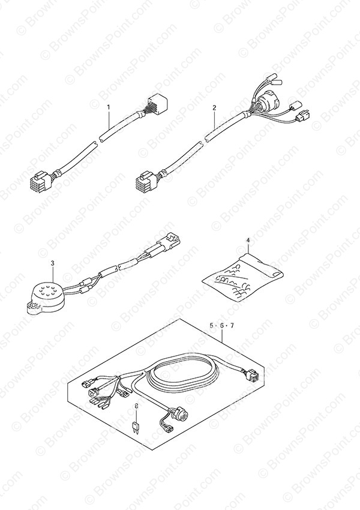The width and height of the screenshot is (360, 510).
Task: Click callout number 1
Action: pos(109,107)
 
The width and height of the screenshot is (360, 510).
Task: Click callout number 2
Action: pos(214,107)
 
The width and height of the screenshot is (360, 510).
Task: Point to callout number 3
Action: pos(53,262)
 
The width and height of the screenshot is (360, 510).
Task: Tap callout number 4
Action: pos(248,241)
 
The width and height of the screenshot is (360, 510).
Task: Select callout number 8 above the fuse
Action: pos(136,406)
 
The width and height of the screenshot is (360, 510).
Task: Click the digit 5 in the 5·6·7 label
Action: pos(211,326)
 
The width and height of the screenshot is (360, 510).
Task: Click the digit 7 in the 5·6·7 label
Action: pos(232,326)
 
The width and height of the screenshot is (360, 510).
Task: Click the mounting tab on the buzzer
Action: pos(33,307)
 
